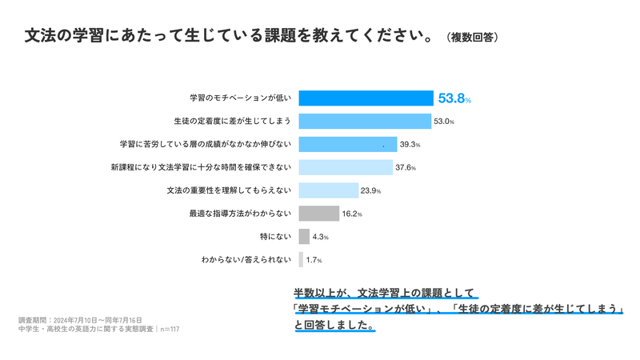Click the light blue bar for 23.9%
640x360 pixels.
pos(328,190)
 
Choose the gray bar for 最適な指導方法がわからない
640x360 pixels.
pos(318,214)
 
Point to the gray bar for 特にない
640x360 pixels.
pos(304,237)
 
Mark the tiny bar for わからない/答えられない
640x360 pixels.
pos(301,260)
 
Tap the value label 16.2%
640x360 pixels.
pos(352,214)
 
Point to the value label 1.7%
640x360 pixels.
pos(314,261)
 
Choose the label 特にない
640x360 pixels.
pos(276,237)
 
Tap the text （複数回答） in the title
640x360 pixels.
pos(473,38)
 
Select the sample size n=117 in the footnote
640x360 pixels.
pos(170,329)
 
